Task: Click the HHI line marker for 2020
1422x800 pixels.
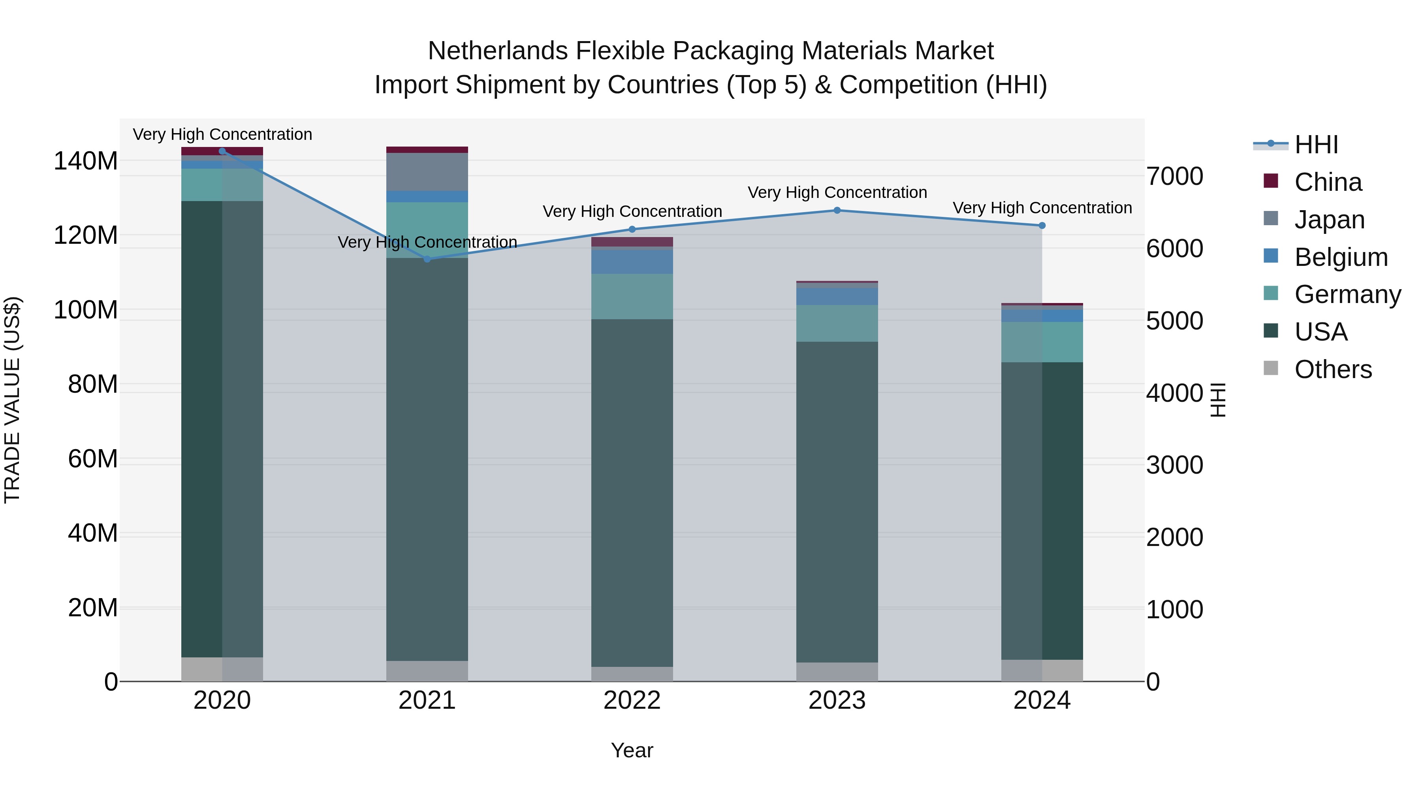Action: (x=222, y=151)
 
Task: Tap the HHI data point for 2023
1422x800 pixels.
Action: (x=837, y=210)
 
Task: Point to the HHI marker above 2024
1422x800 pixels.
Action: (x=1042, y=225)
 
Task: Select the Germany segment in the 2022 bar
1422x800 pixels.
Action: (x=632, y=296)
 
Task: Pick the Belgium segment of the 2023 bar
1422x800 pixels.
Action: (x=837, y=296)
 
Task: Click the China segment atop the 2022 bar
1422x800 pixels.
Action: (x=632, y=242)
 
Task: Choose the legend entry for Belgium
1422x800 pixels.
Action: (x=1340, y=257)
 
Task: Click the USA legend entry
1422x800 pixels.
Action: (x=1320, y=332)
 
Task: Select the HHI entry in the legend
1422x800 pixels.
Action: (x=1316, y=145)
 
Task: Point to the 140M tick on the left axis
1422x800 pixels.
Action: (x=86, y=161)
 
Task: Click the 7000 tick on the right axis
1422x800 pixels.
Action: (x=1175, y=177)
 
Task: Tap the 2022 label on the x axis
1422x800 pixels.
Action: (x=632, y=700)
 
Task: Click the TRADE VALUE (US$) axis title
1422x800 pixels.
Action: (x=12, y=400)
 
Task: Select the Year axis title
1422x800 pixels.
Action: (x=632, y=750)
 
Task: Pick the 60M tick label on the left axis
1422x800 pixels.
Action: (x=93, y=459)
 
